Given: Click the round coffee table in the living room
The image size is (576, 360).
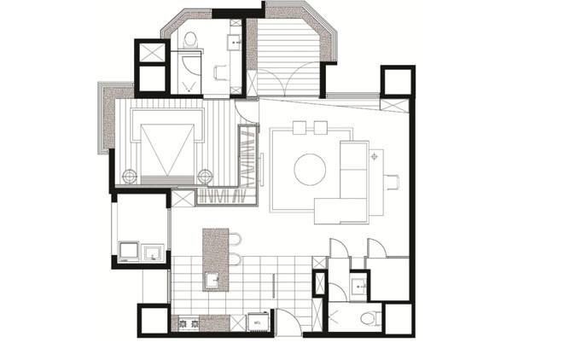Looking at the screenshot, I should [x=310, y=168].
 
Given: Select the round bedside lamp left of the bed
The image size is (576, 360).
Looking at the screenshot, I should [x=129, y=177].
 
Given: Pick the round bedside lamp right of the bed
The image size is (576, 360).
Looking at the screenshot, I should [x=205, y=176].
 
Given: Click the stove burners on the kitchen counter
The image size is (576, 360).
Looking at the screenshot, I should [x=185, y=323].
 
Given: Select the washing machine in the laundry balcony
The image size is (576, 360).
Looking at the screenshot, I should [x=130, y=251].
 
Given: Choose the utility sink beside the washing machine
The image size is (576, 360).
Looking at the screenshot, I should [x=154, y=252].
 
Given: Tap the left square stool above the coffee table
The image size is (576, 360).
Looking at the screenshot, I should [x=300, y=128].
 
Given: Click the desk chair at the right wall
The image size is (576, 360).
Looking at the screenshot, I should [x=393, y=180].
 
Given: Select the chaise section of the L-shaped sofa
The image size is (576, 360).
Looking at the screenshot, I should [x=341, y=208].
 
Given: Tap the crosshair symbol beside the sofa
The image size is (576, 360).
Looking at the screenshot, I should [x=373, y=157].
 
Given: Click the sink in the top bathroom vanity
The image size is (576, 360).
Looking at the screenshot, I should [x=233, y=41].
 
